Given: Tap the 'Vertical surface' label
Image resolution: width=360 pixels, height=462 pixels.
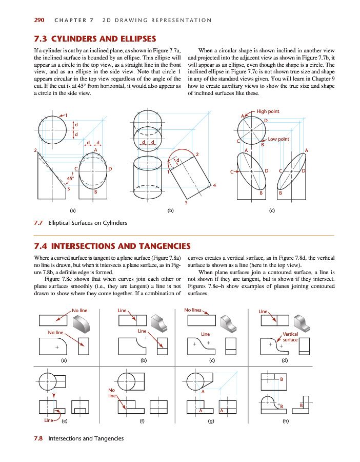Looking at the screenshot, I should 290,337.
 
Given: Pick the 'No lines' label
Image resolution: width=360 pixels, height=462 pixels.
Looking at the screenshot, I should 192,310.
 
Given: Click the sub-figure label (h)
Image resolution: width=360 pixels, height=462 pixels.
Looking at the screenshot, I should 285,421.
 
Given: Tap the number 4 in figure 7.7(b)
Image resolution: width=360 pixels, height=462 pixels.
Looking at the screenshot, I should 214,185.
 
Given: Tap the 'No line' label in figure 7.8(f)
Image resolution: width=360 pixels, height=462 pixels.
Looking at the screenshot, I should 112,393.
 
